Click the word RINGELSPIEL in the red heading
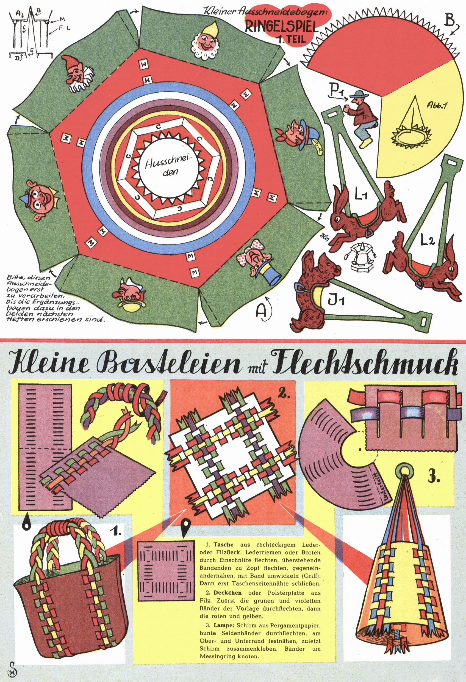(281, 27)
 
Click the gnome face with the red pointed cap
(77, 73)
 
